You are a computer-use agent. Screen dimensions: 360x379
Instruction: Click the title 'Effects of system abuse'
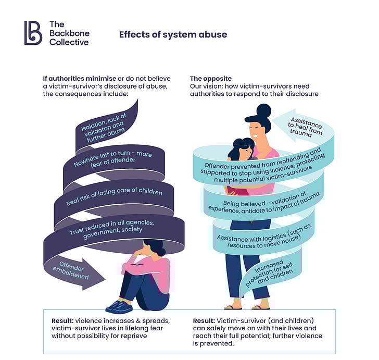173,35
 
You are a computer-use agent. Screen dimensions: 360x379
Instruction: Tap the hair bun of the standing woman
263,110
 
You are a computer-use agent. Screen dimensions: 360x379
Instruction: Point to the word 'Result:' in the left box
65,320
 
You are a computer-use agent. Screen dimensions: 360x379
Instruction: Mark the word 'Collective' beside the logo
69,42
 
